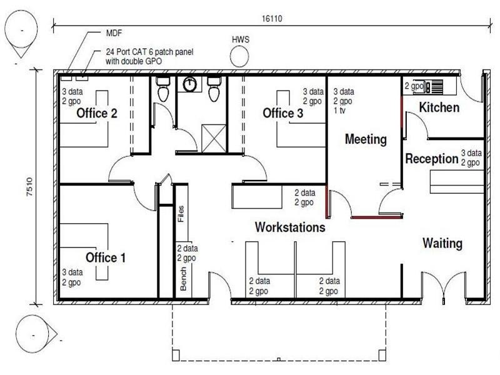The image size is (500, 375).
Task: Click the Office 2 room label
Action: [97, 113]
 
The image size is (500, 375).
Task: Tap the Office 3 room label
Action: [283, 113]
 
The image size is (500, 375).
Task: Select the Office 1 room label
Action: [106, 257]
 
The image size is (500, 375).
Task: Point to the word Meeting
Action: [366, 139]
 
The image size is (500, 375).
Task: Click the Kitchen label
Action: [439, 107]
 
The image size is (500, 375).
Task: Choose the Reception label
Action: [432, 159]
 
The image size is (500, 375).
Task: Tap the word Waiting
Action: [442, 243]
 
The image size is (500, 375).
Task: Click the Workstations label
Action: [290, 227]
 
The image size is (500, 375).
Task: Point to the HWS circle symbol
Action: [239, 57]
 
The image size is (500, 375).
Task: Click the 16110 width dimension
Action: [272, 19]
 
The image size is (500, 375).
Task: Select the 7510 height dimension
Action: [29, 186]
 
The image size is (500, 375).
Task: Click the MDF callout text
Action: [114, 33]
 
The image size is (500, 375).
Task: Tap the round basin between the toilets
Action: [190, 84]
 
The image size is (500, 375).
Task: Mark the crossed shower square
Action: [214, 138]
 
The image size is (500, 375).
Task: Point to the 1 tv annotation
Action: [339, 111]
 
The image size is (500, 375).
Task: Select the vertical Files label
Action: [181, 214]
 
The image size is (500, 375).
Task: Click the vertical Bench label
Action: [183, 279]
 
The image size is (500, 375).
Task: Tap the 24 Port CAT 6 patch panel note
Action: [149, 56]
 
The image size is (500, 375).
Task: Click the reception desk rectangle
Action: [457, 182]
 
